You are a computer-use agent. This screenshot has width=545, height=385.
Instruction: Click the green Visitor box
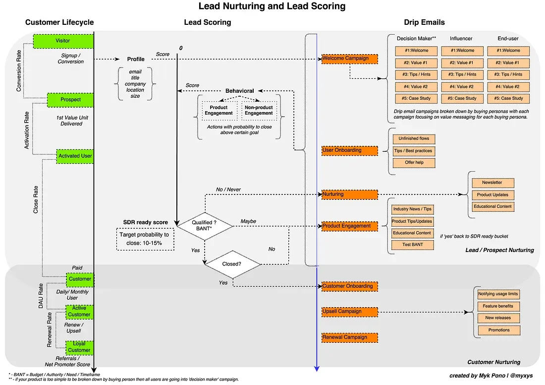point(63,41)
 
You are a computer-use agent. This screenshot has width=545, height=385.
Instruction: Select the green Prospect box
point(70,100)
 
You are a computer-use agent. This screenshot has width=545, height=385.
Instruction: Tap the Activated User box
point(75,156)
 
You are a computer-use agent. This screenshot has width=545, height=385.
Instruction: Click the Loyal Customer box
point(79,347)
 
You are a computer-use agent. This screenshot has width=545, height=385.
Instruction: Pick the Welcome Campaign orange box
point(349,59)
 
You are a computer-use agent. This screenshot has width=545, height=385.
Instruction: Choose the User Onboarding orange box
point(349,150)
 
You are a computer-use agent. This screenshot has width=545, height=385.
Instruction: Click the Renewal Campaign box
point(349,337)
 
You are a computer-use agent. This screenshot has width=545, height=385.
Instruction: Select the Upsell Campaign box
point(349,312)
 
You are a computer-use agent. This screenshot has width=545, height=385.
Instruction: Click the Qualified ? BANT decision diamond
point(205,226)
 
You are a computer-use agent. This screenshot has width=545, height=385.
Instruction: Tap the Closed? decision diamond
point(232,264)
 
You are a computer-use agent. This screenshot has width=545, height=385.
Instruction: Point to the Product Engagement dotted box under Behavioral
point(218,110)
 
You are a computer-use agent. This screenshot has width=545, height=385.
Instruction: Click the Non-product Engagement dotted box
point(259,110)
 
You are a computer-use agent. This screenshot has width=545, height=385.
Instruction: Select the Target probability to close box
point(144,239)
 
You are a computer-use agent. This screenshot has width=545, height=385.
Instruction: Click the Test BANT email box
point(412,245)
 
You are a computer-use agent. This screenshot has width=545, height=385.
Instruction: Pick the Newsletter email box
point(492,183)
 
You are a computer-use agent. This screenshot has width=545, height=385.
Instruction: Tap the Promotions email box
point(498,330)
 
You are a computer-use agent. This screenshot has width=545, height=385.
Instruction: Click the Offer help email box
point(413,163)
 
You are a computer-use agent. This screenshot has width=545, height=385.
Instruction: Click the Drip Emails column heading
point(424,22)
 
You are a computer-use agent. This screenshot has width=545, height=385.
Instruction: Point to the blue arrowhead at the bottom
point(317,369)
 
